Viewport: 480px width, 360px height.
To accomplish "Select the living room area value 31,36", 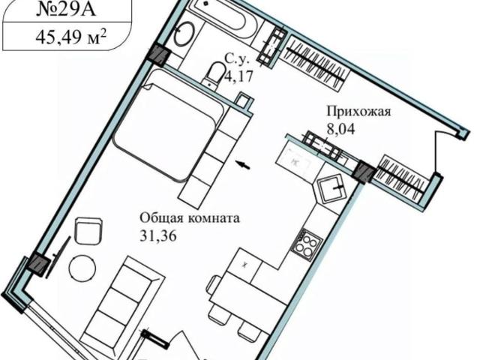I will pyautogui.click(x=162, y=235).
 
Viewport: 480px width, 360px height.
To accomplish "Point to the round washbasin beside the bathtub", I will pyautogui.click(x=184, y=34).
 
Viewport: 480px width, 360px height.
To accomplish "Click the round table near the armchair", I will pyautogui.click(x=82, y=267).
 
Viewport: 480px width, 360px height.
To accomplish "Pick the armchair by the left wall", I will pyautogui.click(x=89, y=231).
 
